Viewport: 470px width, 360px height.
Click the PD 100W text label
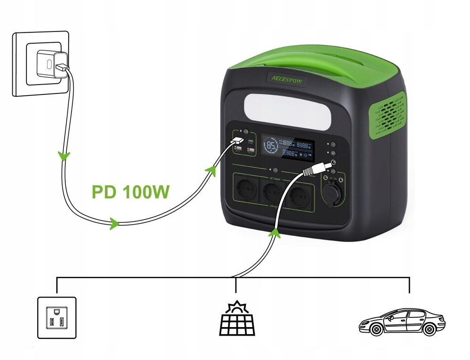130,193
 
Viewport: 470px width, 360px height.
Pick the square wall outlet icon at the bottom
56,317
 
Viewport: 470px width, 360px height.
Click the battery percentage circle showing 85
272,146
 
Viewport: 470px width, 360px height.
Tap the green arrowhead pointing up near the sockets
275,231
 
